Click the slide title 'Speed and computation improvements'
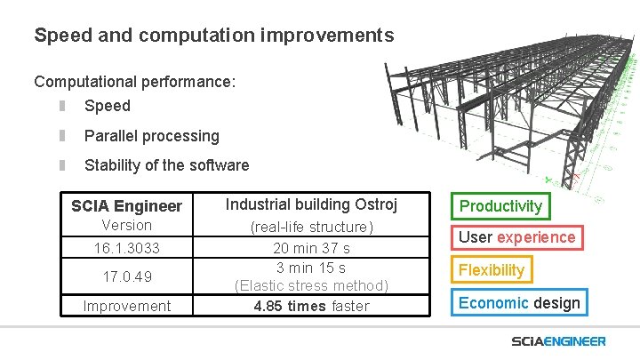[213, 36]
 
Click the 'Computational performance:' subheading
[135, 82]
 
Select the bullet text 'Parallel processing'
[151, 136]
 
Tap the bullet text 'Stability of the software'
[166, 165]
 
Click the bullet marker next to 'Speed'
[63, 106]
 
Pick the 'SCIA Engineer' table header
[126, 206]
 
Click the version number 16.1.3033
[126, 247]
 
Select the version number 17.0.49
[126, 276]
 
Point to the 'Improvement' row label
[126, 306]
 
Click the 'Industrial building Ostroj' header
[311, 204]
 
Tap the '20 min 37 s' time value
[311, 249]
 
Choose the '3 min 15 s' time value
[311, 268]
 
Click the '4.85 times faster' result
[311, 306]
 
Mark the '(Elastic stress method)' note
[311, 285]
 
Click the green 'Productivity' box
[500, 206]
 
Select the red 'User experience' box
[516, 237]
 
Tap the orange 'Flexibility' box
[492, 269]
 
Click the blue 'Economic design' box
[519, 302]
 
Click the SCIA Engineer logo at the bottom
[558, 341]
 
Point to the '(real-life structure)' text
[311, 227]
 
